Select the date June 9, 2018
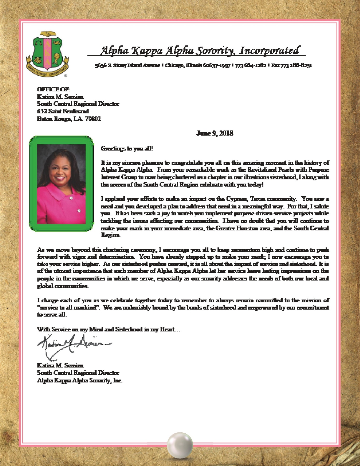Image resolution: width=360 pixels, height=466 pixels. (215, 133)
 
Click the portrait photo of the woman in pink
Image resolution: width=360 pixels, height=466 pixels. (61, 184)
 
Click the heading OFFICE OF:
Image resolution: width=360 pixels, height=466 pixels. (54, 89)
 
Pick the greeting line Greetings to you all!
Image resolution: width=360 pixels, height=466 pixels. (127, 149)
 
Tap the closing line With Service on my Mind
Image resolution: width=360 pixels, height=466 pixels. (108, 329)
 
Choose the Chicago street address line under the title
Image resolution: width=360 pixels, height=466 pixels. (203, 65)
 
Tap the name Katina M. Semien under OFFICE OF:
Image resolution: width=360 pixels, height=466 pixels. (60, 97)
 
